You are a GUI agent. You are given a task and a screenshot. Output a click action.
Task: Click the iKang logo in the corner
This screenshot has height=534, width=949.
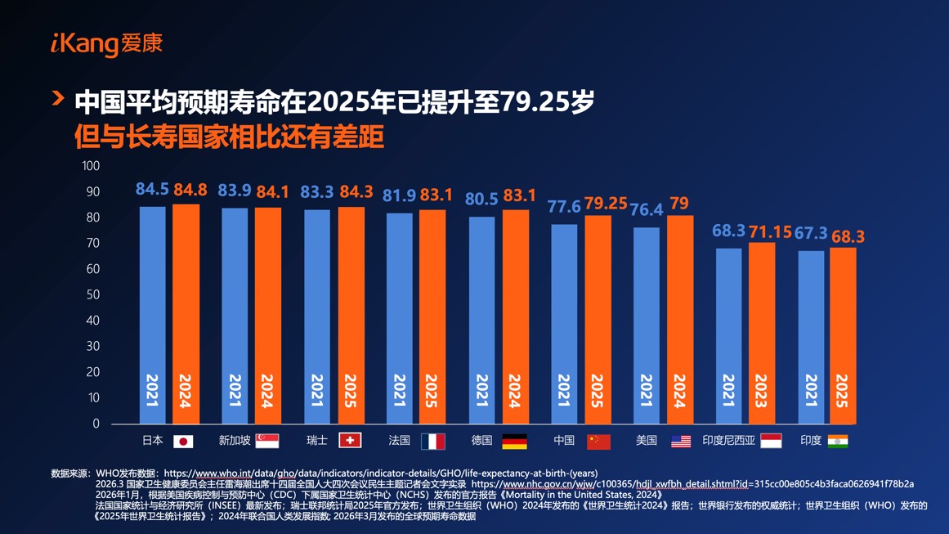(106, 43)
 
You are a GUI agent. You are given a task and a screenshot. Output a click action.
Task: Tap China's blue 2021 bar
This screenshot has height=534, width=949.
(564, 324)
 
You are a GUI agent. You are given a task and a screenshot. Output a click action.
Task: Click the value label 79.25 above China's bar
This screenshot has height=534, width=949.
(606, 203)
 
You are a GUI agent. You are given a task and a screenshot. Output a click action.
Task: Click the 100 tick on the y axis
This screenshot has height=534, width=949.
(91, 166)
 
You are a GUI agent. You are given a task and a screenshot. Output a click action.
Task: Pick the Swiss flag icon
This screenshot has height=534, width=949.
(350, 441)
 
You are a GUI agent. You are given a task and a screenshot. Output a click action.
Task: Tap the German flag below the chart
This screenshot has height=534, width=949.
(514, 442)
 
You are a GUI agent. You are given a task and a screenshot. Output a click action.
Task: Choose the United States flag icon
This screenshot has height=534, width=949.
(680, 442)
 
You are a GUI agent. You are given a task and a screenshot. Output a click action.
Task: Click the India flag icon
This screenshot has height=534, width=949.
(838, 441)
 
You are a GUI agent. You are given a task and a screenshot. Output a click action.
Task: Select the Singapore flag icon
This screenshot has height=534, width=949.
(267, 441)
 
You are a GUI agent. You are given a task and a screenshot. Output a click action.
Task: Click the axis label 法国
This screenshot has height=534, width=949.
(399, 441)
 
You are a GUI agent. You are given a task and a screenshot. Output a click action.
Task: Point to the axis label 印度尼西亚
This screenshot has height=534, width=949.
(728, 441)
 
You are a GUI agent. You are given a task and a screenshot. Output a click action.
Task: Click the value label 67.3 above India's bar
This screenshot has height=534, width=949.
(811, 234)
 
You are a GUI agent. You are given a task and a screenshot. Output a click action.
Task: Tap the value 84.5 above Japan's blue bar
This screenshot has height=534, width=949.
(152, 190)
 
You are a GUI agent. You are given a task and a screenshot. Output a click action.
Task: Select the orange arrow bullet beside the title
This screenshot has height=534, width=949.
(58, 99)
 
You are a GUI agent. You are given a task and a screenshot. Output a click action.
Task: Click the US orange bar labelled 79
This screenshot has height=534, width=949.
(679, 320)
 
